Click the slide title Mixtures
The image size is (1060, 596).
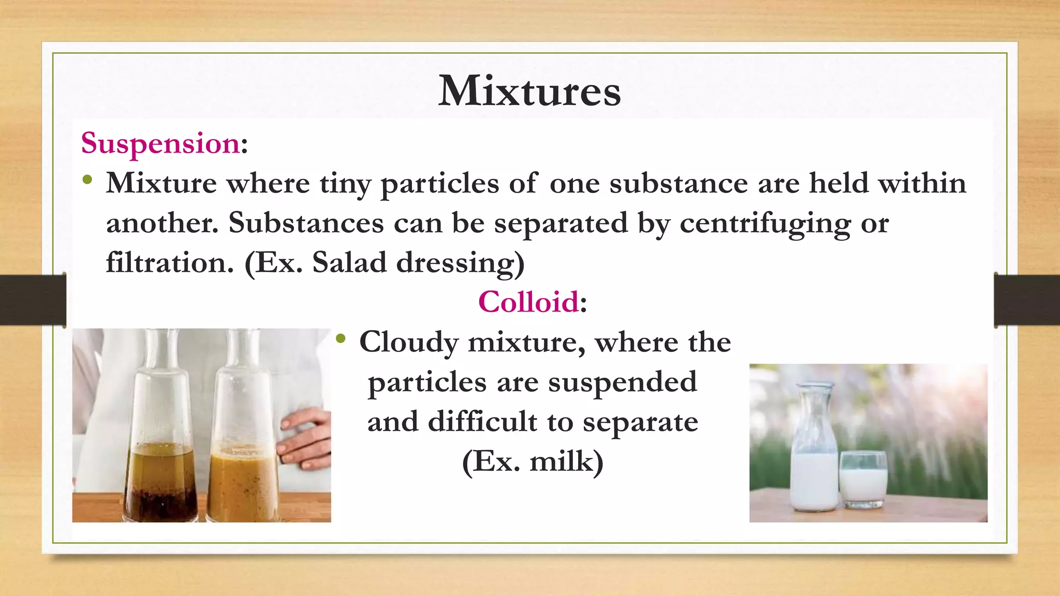[x=529, y=91]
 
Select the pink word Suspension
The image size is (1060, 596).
[x=160, y=143]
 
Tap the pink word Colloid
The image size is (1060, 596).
[x=528, y=302]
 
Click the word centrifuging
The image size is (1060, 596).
[x=765, y=224]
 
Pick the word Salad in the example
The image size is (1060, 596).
[x=349, y=262]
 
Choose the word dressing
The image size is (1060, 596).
[x=455, y=263]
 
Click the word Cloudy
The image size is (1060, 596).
[x=409, y=343]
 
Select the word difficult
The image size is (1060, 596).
[x=482, y=422]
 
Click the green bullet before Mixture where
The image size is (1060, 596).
[x=87, y=180]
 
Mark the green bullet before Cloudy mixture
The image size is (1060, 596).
[x=340, y=339]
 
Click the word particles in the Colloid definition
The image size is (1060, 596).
[x=427, y=383]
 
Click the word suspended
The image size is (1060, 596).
[x=623, y=383]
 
